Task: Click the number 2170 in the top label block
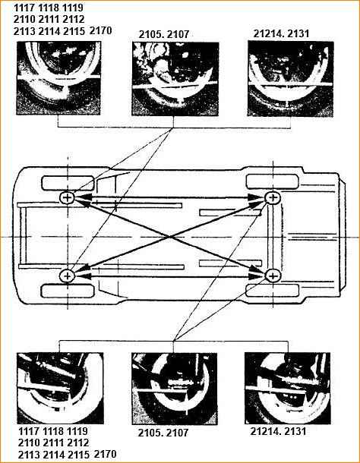tap(100, 30)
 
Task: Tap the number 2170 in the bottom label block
tap(106, 454)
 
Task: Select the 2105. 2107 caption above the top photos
tap(164, 34)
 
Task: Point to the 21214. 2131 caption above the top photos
tap(281, 33)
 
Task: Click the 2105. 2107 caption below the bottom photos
tap(163, 433)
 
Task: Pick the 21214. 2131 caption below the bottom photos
tap(278, 431)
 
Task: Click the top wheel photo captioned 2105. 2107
tap(175, 79)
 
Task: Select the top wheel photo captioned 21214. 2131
tap(291, 78)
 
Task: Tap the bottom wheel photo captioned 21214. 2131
tap(287, 389)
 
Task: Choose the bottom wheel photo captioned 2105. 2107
tap(175, 389)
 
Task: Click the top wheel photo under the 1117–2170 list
tap(58, 78)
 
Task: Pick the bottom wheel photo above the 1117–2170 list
tap(60, 388)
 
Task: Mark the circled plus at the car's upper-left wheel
tap(68, 197)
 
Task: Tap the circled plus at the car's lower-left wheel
tap(68, 276)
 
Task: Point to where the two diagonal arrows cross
tap(169, 237)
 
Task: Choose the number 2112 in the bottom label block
tap(77, 443)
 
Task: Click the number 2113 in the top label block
tap(24, 31)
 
